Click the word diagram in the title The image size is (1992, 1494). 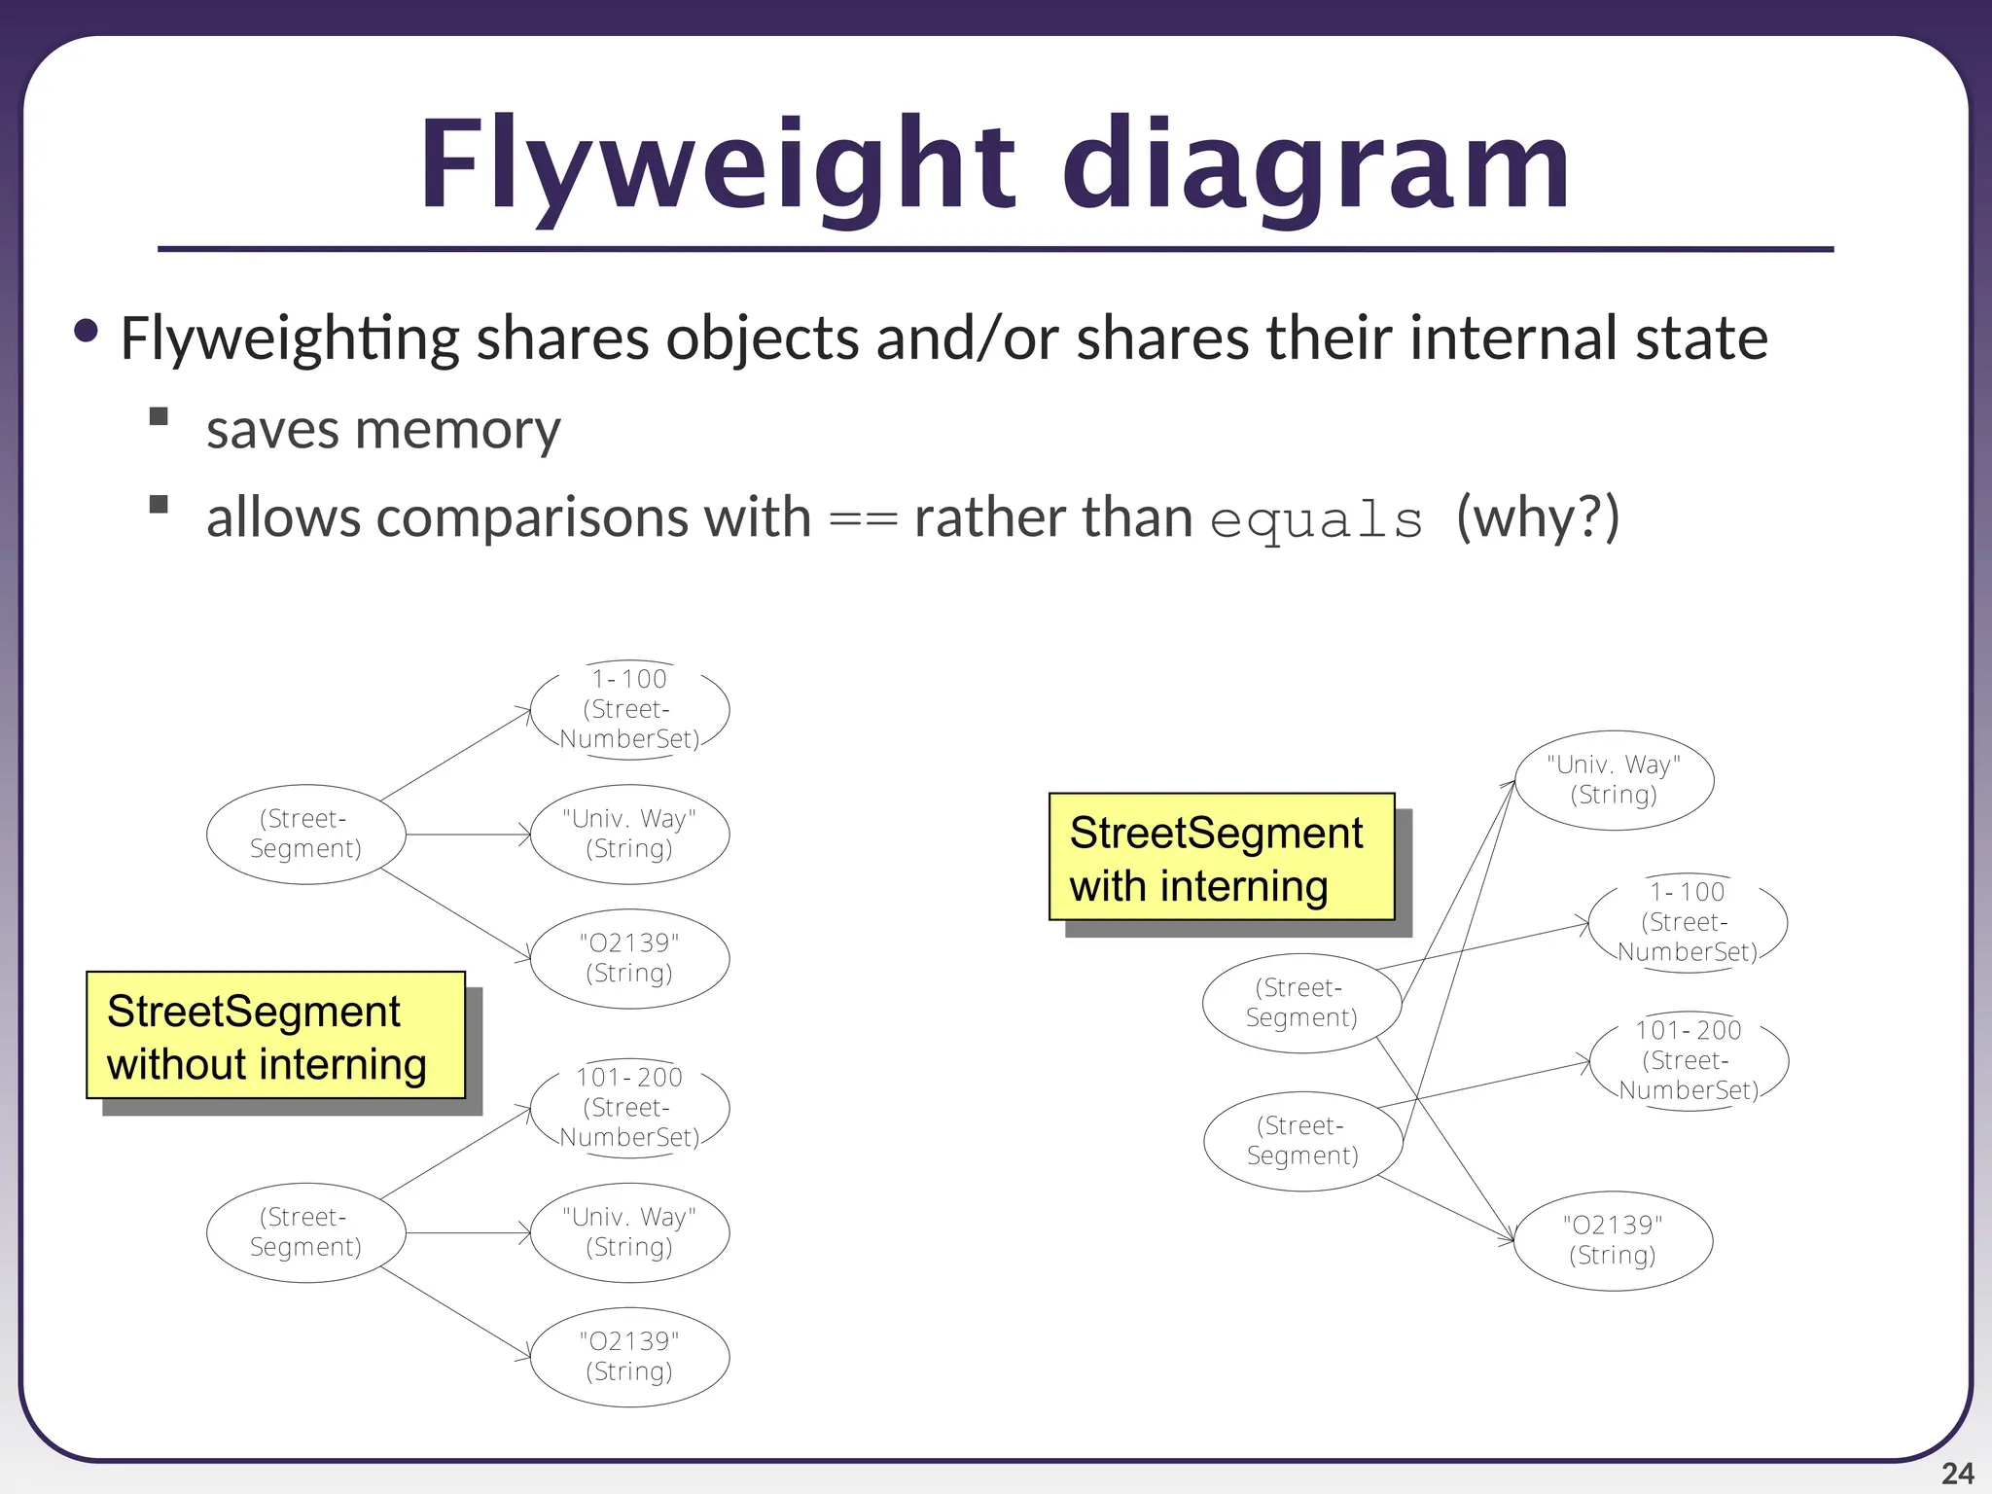[x=1315, y=165]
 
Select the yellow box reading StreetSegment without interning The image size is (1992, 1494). [x=275, y=1036]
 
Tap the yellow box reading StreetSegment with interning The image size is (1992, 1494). [x=1221, y=857]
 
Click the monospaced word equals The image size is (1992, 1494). [x=1317, y=519]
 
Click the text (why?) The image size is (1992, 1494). [x=1538, y=516]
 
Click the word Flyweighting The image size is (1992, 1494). [x=290, y=339]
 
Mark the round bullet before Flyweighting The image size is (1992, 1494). [x=86, y=332]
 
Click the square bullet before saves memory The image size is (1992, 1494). [x=159, y=417]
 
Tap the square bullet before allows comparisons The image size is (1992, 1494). [x=159, y=504]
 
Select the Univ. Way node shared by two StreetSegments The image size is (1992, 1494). [x=1614, y=780]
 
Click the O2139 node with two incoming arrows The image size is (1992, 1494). [x=1613, y=1240]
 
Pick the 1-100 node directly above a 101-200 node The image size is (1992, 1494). [x=1688, y=921]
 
